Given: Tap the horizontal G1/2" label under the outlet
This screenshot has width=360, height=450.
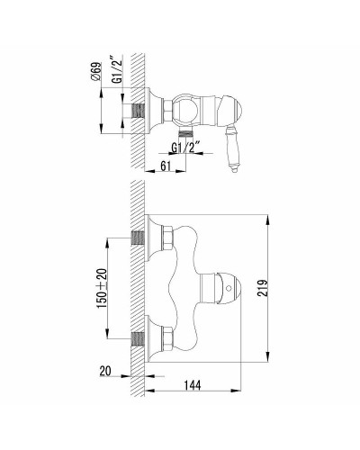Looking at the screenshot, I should pos(190,147).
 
